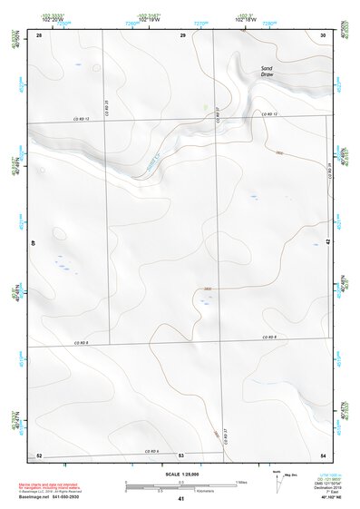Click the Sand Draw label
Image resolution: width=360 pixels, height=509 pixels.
[x=267, y=72]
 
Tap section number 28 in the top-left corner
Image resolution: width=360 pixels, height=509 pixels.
[x=40, y=34]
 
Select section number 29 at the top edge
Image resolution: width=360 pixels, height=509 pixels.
[x=182, y=34]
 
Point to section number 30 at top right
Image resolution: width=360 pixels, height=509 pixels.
[x=323, y=34]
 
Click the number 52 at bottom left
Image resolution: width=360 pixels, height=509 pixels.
[x=39, y=455]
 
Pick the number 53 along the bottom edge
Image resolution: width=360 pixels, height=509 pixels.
[x=181, y=455]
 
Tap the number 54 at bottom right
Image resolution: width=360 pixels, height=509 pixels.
[x=323, y=455]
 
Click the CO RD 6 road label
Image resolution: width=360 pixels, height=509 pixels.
[x=150, y=451]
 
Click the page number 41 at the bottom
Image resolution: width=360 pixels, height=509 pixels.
[x=181, y=499]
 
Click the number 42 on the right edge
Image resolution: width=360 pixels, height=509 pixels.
[x=327, y=243]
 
